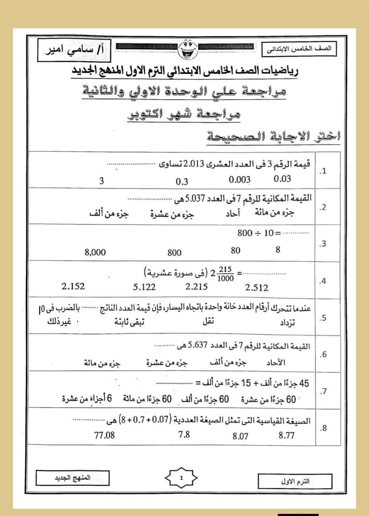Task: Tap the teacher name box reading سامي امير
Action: pyautogui.click(x=74, y=50)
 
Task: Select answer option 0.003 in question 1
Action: pyautogui.click(x=239, y=180)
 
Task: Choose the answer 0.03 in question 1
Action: pyautogui.click(x=282, y=179)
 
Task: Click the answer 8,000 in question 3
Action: pyautogui.click(x=95, y=252)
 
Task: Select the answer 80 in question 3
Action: pyautogui.click(x=235, y=251)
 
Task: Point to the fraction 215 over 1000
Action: pyautogui.click(x=225, y=274)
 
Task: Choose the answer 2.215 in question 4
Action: pyautogui.click(x=196, y=287)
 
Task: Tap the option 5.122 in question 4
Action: pyautogui.click(x=144, y=287)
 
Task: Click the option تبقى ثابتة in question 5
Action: pyautogui.click(x=129, y=322)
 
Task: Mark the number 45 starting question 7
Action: pyautogui.click(x=304, y=383)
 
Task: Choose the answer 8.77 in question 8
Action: pyautogui.click(x=286, y=436)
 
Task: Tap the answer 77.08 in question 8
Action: pyautogui.click(x=104, y=435)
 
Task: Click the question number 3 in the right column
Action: pyautogui.click(x=323, y=244)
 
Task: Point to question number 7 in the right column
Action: pyautogui.click(x=323, y=391)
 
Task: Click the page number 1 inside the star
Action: pyautogui.click(x=181, y=478)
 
